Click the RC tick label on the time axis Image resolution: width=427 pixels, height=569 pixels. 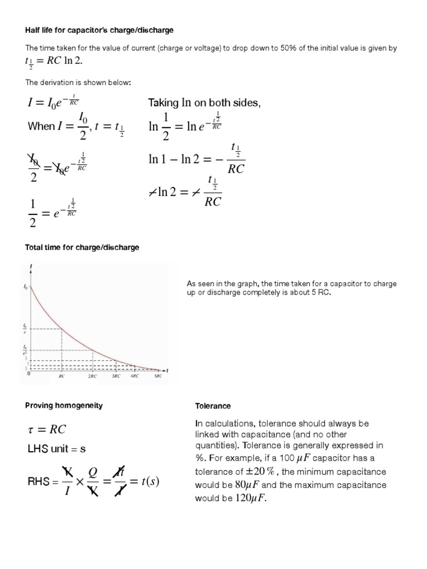click(x=62, y=376)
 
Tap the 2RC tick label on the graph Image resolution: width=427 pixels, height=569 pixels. click(x=92, y=376)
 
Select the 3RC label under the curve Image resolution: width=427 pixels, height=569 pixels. click(x=115, y=376)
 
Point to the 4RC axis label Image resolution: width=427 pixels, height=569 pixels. click(x=135, y=376)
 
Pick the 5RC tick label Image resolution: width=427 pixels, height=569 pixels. click(x=158, y=376)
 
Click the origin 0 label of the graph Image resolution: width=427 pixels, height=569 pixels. click(x=28, y=373)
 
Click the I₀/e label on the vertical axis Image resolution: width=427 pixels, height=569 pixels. click(x=24, y=329)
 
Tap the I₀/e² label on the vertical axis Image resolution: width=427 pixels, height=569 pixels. click(x=24, y=350)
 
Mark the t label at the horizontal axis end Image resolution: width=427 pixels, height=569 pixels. click(x=167, y=370)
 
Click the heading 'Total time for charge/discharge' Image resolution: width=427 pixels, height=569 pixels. click(x=82, y=247)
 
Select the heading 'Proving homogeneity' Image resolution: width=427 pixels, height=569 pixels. click(x=64, y=406)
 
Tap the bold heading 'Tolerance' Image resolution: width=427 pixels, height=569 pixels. click(x=212, y=406)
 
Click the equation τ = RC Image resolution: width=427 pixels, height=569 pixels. click(x=47, y=429)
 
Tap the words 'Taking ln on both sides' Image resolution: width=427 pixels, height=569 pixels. click(x=203, y=103)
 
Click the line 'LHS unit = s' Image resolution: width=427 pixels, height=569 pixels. click(x=56, y=448)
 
